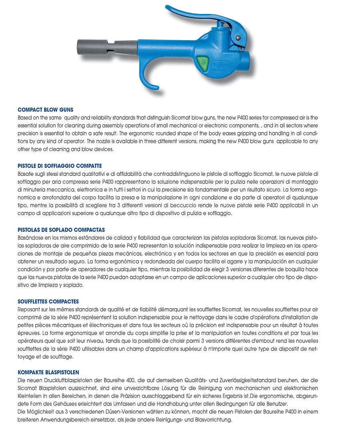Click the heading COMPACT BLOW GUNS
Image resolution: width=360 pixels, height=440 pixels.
(46, 109)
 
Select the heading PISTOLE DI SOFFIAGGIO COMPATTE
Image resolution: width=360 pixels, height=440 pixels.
(60, 166)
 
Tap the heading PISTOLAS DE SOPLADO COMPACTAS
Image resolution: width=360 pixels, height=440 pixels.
(61, 230)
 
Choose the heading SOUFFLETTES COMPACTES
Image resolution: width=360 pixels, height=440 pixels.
(48, 301)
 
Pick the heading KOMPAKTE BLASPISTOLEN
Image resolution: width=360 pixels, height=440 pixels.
(48, 372)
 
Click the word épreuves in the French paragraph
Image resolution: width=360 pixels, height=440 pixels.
(29, 332)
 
